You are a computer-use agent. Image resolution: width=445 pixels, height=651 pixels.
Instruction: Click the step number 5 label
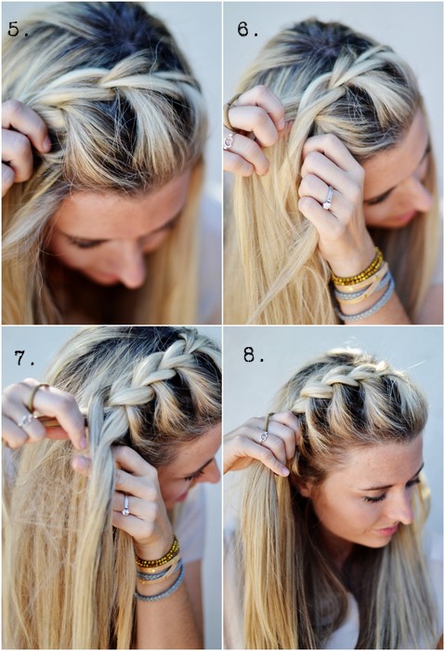pyautogui.click(x=17, y=30)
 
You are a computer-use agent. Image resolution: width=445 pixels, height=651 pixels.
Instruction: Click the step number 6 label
pyautogui.click(x=248, y=30)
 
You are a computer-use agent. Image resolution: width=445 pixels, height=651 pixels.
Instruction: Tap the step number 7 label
pyautogui.click(x=24, y=358)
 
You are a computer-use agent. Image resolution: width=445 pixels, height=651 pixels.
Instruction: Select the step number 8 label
pyautogui.click(x=254, y=354)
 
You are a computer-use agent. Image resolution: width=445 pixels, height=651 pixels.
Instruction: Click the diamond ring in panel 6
pyautogui.click(x=328, y=199)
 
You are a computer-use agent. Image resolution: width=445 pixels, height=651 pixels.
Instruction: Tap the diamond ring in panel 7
pyautogui.click(x=125, y=507)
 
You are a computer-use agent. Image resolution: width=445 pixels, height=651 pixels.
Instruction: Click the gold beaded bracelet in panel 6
pyautogui.click(x=358, y=269)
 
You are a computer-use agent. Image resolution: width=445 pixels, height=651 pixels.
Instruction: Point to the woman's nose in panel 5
pyautogui.click(x=132, y=270)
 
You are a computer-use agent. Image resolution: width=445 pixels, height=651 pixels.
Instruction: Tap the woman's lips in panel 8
pyautogui.click(x=387, y=531)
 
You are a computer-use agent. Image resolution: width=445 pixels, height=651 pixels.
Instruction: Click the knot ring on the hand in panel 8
pyautogui.click(x=263, y=436)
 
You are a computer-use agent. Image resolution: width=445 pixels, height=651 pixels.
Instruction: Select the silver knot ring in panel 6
pyautogui.click(x=229, y=141)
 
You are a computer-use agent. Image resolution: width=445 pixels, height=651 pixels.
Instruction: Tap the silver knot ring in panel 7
pyautogui.click(x=25, y=420)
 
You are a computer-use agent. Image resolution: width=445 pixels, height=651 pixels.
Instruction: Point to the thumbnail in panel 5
pyautogui.click(x=46, y=143)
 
